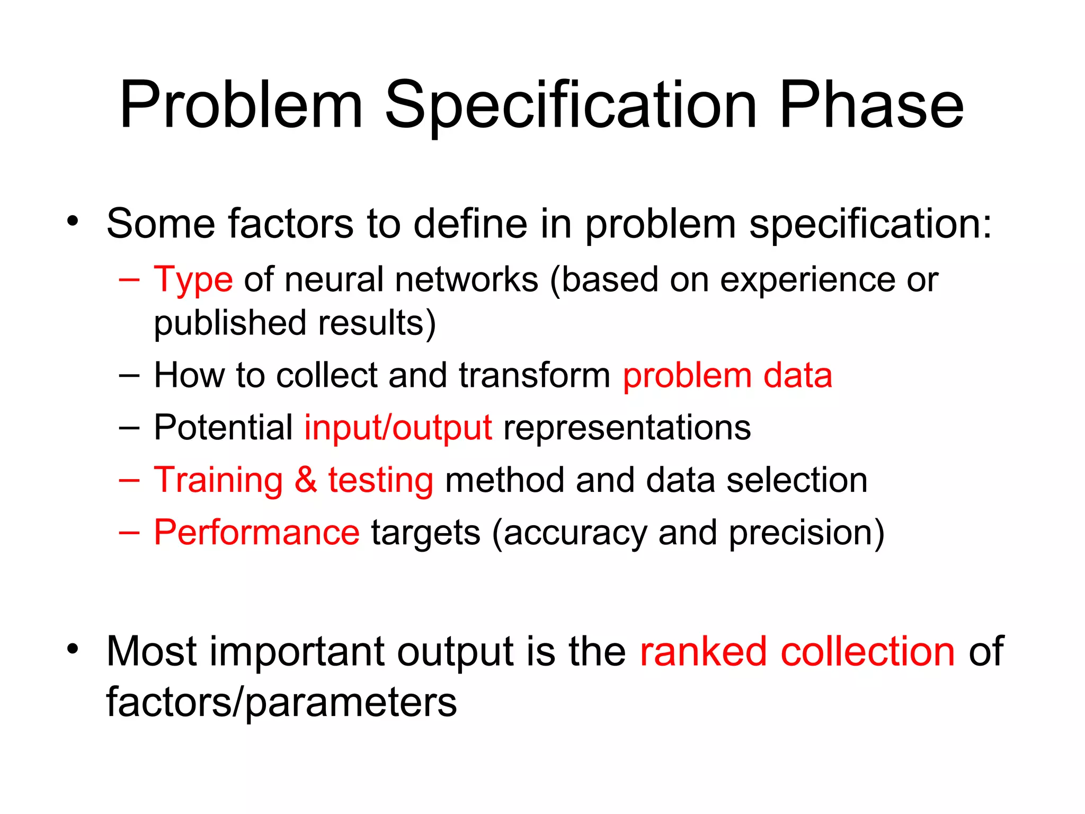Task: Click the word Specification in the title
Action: coord(571,106)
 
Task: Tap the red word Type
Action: coord(193,280)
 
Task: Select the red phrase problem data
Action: coord(727,376)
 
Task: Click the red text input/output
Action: coord(398,428)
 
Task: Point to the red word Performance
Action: coord(256,533)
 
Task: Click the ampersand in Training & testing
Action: coord(306,480)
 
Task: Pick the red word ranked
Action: coord(703,651)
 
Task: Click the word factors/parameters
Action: coord(281,703)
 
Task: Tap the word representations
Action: coord(627,428)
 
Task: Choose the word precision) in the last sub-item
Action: coord(806,533)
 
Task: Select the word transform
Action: coord(535,376)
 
